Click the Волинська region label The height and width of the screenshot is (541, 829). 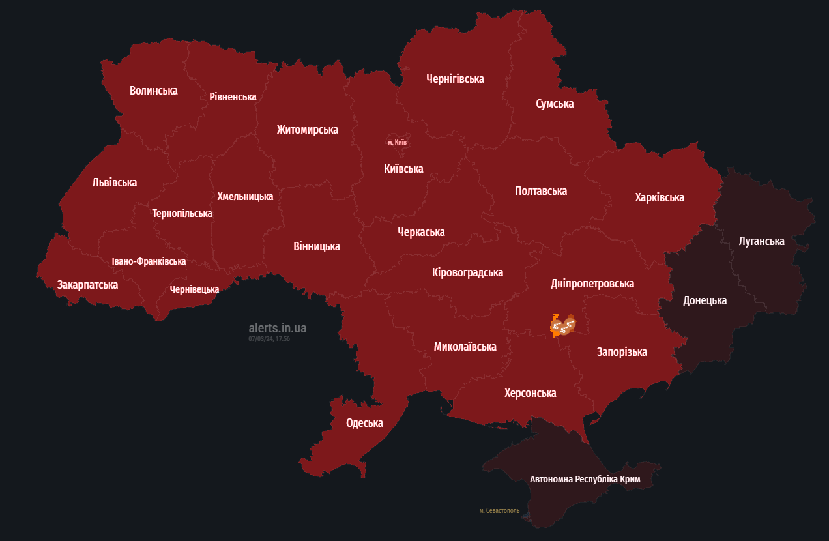pyautogui.click(x=153, y=91)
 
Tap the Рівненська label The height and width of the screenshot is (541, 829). pyautogui.click(x=233, y=96)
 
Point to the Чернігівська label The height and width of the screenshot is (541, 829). pyautogui.click(x=455, y=79)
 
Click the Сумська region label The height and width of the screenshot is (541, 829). pyautogui.click(x=554, y=104)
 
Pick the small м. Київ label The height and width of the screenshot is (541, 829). pyautogui.click(x=397, y=142)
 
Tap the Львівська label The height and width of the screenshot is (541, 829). pyautogui.click(x=115, y=183)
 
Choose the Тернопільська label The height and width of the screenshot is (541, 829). pyautogui.click(x=182, y=213)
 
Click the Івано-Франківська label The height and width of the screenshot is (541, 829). pyautogui.click(x=149, y=261)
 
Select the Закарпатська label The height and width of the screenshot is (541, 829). pyautogui.click(x=87, y=285)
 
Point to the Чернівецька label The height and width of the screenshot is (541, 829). pyautogui.click(x=194, y=289)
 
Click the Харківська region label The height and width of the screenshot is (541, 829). pyautogui.click(x=660, y=197)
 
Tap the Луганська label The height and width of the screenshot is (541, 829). pyautogui.click(x=761, y=241)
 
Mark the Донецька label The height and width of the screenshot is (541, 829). pyautogui.click(x=705, y=300)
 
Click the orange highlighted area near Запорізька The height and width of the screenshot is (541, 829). pyautogui.click(x=562, y=325)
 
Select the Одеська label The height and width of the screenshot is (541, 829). pyautogui.click(x=364, y=423)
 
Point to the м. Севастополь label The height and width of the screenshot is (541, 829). pyautogui.click(x=499, y=510)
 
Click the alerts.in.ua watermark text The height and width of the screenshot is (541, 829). pyautogui.click(x=277, y=328)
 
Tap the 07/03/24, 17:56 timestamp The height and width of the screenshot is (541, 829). pyautogui.click(x=269, y=339)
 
